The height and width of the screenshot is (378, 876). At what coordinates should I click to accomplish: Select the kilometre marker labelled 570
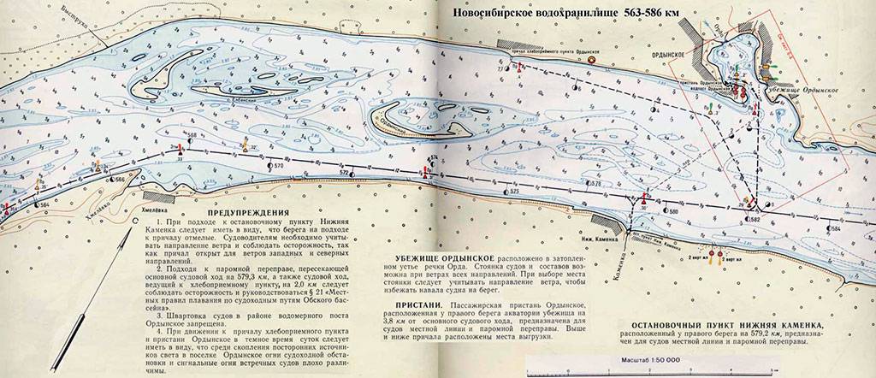(x=278, y=164)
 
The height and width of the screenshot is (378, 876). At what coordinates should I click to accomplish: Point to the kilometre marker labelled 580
(x=673, y=210)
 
